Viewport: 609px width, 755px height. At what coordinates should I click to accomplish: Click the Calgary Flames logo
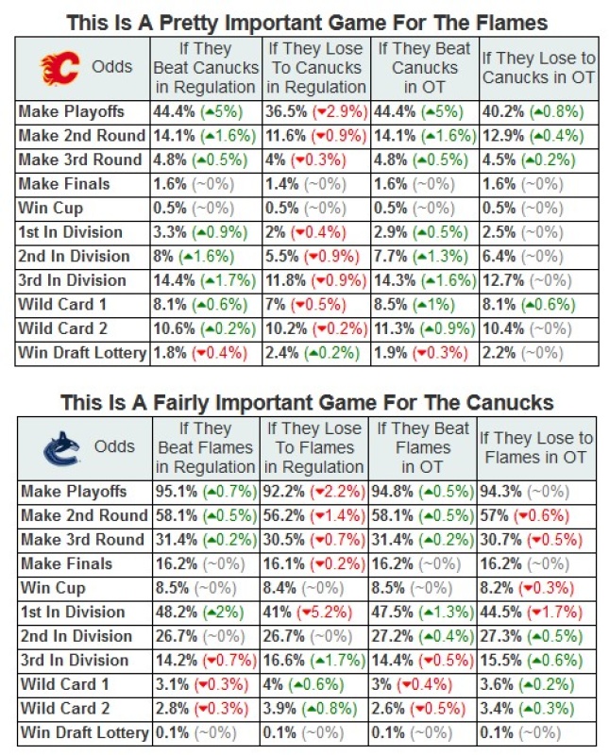click(58, 67)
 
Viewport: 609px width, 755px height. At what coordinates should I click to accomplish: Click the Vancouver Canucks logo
click(59, 447)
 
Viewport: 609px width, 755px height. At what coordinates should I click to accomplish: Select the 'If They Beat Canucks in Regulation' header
click(205, 67)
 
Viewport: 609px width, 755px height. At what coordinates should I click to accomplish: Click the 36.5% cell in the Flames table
click(315, 111)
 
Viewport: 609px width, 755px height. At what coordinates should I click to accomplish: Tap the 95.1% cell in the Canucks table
click(205, 492)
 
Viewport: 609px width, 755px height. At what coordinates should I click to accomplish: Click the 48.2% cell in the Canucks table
click(205, 612)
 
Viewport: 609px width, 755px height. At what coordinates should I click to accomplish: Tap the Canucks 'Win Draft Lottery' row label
click(83, 732)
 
